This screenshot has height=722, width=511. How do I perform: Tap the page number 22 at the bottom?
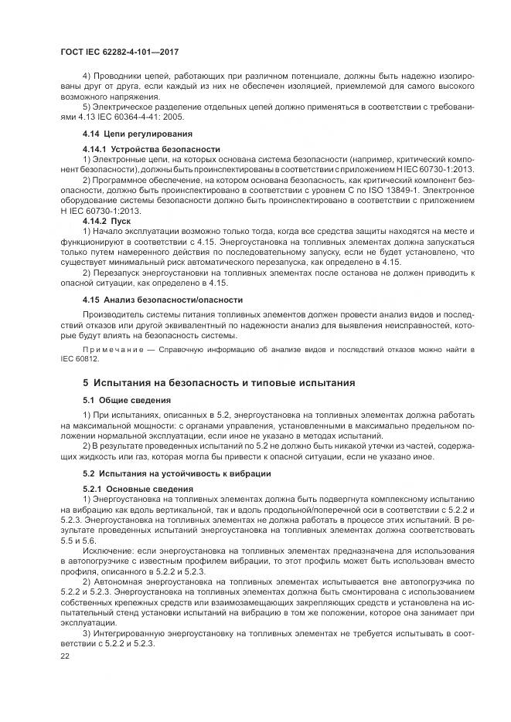pyautogui.click(x=66, y=655)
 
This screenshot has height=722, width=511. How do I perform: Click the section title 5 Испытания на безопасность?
pyautogui.click(x=219, y=382)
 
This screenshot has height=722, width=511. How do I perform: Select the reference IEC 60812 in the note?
pyautogui.click(x=77, y=359)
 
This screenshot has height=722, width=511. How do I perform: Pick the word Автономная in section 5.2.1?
pyautogui.click(x=120, y=579)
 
